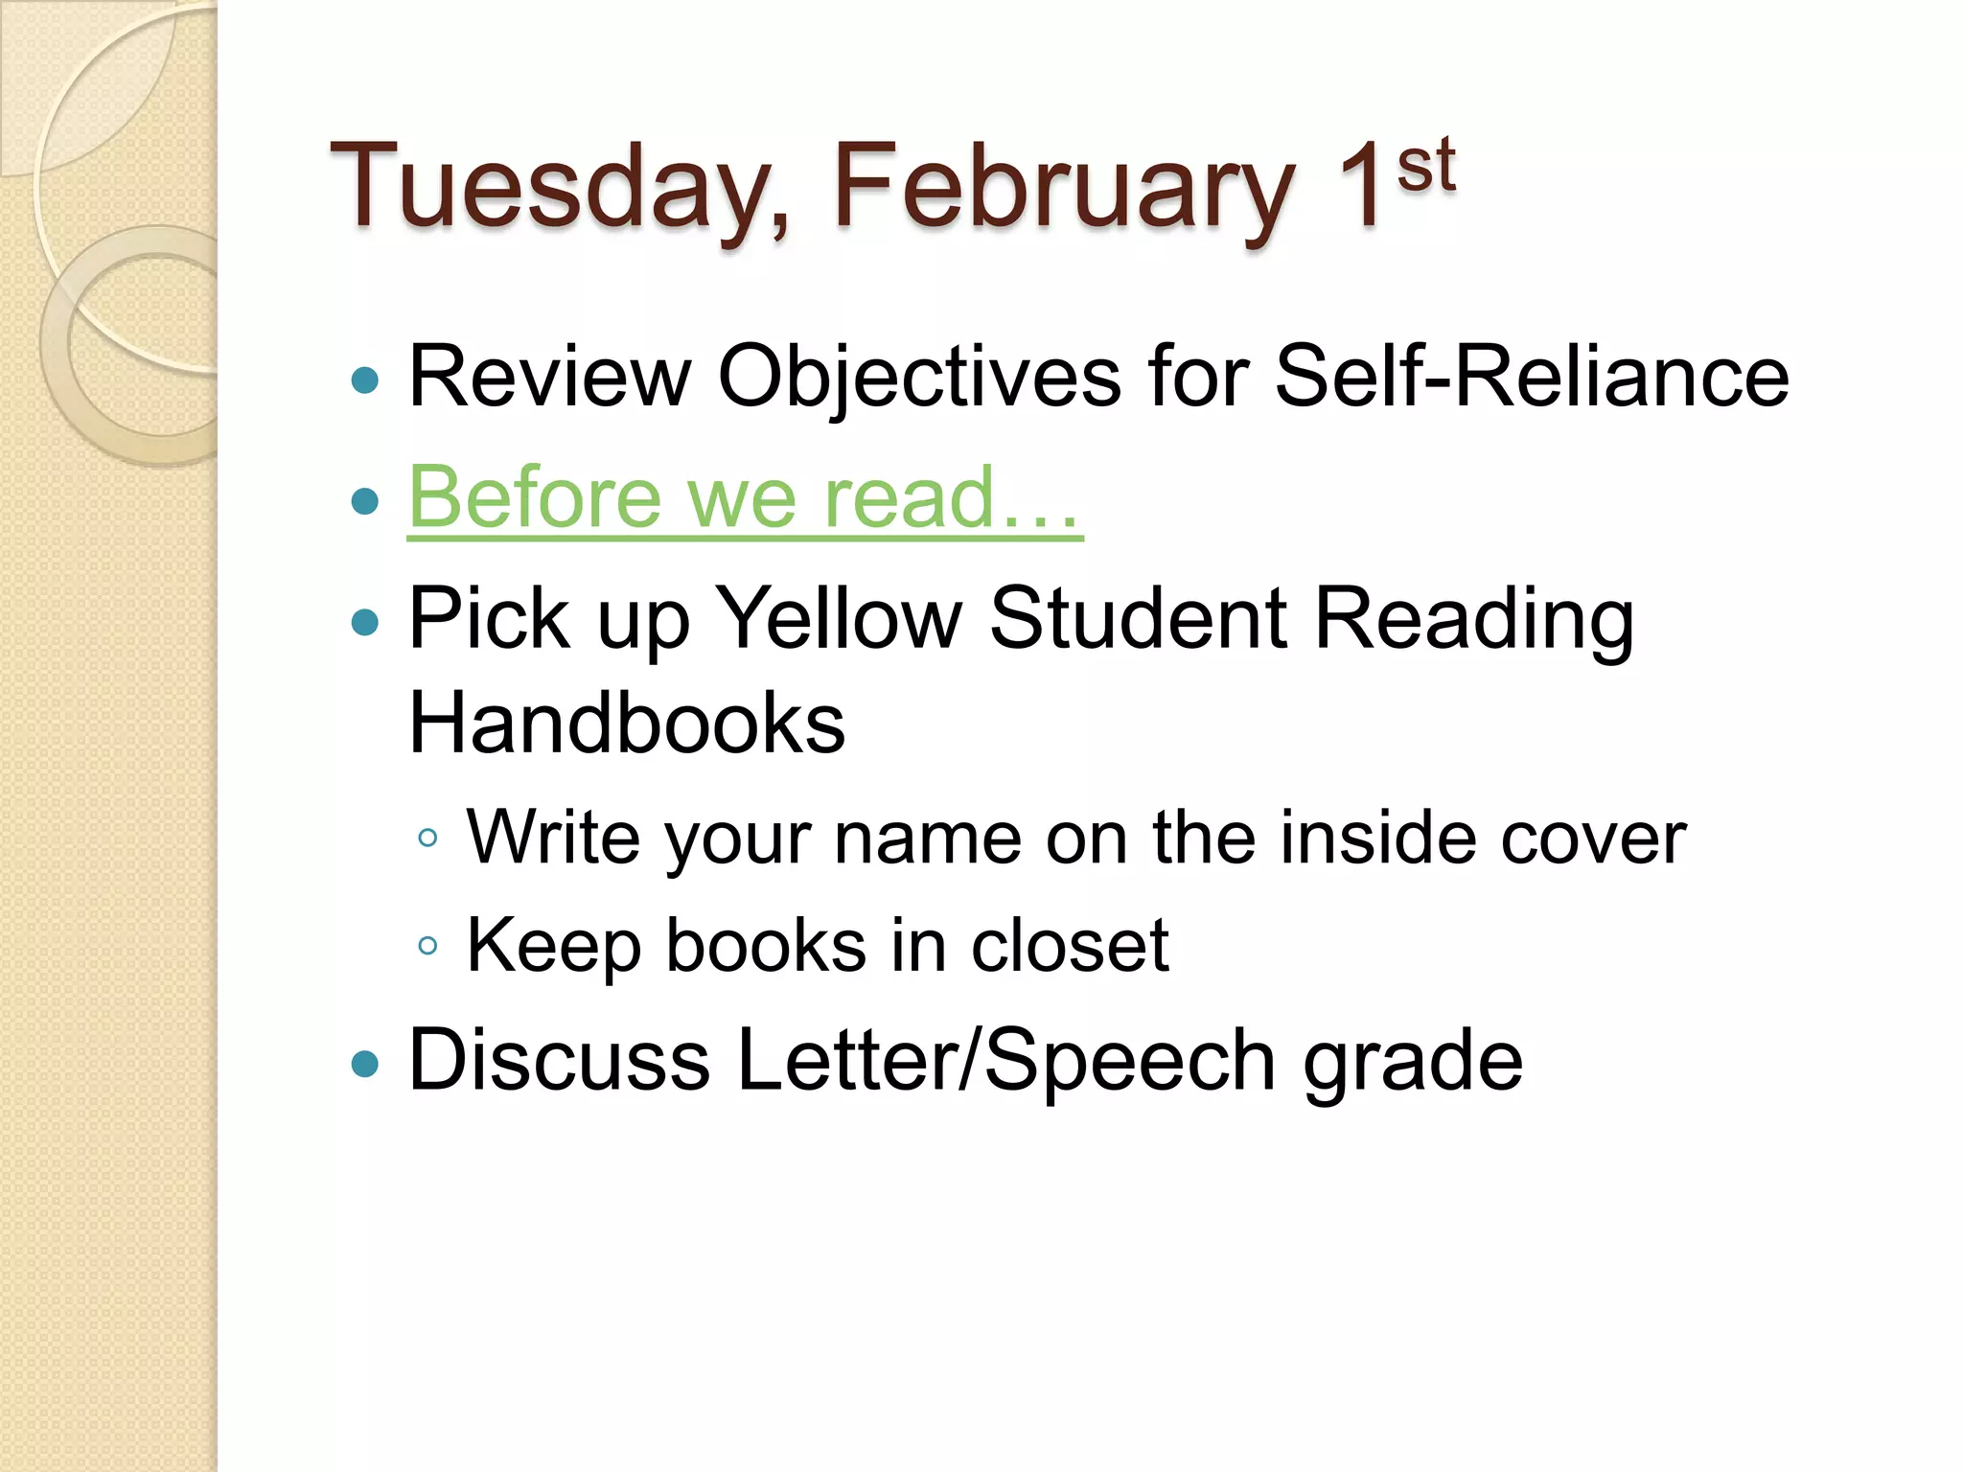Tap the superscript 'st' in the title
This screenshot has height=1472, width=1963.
1425,165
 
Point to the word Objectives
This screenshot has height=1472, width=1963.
919,376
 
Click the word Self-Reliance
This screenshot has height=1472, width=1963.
1531,376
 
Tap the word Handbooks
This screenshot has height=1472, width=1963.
627,723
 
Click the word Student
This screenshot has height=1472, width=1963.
1138,618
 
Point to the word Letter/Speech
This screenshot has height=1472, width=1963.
1005,1060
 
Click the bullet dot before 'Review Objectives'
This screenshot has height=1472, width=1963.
365,380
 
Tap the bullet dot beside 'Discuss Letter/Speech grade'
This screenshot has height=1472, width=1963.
365,1064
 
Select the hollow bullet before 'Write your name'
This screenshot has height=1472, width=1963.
428,839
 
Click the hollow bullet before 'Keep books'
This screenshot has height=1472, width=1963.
428,947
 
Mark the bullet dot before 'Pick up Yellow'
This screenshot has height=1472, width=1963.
365,623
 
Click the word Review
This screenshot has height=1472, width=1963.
549,376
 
